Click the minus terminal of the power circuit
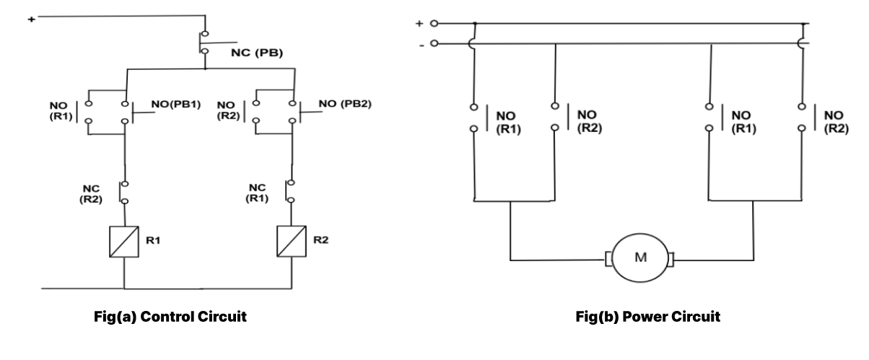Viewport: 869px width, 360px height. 434,45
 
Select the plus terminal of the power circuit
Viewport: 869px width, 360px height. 434,24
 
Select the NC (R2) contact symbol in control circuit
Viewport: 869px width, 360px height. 124,192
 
